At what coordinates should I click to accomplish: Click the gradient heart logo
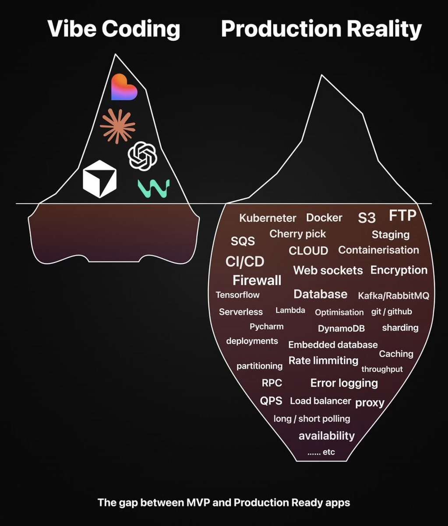coord(124,87)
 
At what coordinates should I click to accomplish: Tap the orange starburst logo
coord(117,126)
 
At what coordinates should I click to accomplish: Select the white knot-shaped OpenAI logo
coord(142,156)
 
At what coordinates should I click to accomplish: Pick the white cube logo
coord(100,179)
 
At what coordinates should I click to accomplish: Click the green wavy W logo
coord(154,188)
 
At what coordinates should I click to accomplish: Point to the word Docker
coord(324,218)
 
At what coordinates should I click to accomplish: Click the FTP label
coord(403,215)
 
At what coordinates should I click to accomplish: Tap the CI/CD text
coord(245,262)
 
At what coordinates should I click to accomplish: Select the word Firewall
coord(257,280)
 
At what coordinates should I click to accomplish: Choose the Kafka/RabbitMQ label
coord(394,296)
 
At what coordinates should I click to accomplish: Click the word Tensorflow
coord(238,295)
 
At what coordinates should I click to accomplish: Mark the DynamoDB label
coord(342,328)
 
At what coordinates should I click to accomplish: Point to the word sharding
coord(400,328)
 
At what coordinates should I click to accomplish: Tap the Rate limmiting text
coord(324,361)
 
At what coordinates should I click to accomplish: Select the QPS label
coord(271,401)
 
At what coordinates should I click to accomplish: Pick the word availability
coord(327,436)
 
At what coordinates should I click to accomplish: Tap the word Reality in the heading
coord(384,29)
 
